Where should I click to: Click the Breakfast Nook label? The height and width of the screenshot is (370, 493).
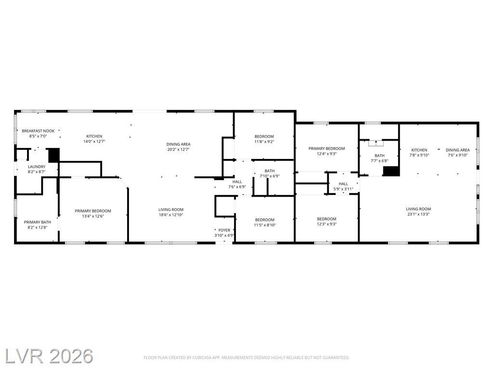38,131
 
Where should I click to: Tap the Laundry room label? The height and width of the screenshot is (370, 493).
37,167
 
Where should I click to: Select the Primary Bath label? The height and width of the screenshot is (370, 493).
38,222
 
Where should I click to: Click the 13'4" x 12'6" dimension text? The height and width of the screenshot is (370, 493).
93,216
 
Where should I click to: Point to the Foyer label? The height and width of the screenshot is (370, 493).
224,230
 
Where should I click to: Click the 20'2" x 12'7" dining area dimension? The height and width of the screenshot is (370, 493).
178,149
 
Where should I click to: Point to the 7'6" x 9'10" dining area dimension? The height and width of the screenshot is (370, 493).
458,155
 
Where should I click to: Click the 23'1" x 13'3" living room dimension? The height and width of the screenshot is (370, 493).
418,214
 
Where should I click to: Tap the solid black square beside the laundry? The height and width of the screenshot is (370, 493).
54,155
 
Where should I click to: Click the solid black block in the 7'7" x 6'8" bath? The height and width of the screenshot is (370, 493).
391,171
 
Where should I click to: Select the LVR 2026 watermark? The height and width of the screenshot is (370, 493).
49,356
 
